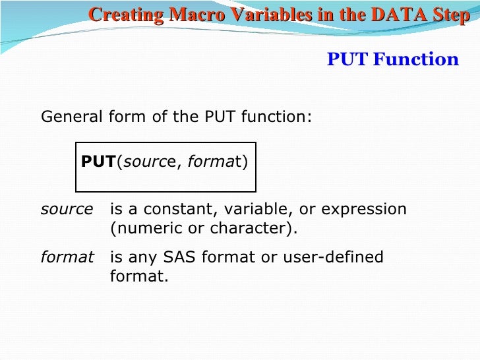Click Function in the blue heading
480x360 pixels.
415,60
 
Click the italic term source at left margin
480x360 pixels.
67,210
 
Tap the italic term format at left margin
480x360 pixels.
67,256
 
